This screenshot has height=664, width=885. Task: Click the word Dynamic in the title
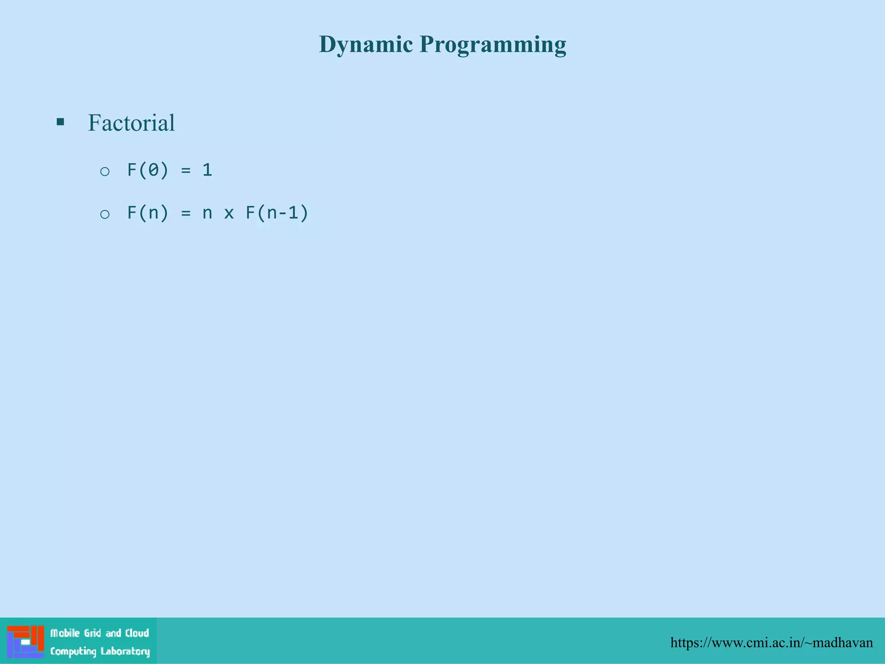366,45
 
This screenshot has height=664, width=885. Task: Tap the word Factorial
131,123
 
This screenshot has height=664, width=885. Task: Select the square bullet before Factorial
60,122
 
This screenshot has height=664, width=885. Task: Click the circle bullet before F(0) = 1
105,172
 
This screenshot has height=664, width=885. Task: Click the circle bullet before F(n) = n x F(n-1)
105,214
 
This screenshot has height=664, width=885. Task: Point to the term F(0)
147,170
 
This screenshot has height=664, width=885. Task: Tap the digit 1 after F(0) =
207,170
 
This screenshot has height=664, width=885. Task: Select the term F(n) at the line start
147,213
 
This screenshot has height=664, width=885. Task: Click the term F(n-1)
277,213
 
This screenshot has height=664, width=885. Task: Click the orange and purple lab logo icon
25,642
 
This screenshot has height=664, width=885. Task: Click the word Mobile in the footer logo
65,633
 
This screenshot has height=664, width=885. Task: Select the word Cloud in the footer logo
137,633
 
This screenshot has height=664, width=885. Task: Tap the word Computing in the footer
73,651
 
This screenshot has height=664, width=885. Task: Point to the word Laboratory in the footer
125,651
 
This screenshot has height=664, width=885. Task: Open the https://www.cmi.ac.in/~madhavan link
771,643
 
